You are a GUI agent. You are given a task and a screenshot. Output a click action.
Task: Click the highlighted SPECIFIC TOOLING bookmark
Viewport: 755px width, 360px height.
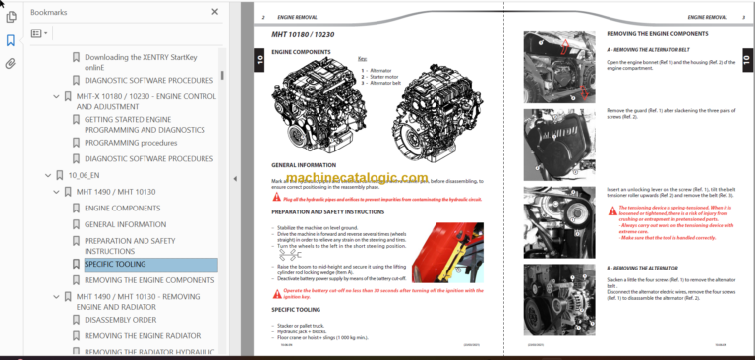(114, 264)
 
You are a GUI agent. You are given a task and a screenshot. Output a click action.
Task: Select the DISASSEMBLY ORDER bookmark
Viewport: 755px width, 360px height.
(121, 319)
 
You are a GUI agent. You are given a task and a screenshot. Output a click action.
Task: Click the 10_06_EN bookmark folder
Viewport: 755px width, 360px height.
(85, 174)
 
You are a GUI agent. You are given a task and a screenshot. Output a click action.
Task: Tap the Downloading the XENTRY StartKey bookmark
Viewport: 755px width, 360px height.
(147, 57)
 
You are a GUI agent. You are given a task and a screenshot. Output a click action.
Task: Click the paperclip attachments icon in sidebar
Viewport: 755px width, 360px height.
(11, 64)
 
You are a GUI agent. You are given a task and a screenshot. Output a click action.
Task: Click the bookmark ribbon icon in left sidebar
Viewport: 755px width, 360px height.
(11, 40)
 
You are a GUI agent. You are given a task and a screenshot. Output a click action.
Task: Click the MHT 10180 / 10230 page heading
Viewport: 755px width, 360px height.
(305, 35)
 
